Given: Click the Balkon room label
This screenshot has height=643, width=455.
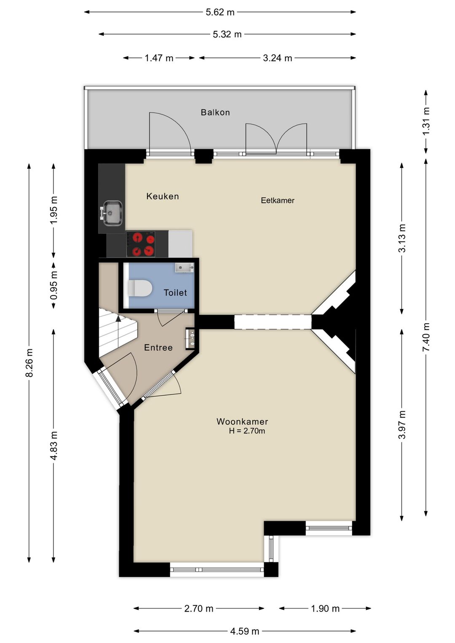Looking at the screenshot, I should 215,113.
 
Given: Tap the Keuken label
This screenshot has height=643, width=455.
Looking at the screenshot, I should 163,196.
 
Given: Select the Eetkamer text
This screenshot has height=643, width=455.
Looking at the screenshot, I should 277,201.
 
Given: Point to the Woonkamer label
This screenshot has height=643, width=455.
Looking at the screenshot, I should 242,421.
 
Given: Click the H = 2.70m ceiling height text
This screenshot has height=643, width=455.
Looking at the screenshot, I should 247,431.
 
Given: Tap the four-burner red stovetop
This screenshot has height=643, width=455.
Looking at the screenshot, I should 141,244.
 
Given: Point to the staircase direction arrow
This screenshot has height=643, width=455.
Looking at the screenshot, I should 118,319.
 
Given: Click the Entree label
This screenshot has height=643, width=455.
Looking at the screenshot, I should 158,348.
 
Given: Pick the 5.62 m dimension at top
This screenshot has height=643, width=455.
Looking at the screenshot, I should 220,12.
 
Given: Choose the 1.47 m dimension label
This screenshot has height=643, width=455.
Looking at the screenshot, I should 159,58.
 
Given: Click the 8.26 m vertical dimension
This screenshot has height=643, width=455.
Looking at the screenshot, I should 29,363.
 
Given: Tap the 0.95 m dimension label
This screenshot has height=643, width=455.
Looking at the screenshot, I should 54,285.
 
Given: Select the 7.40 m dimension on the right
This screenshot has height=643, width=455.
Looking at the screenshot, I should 426,337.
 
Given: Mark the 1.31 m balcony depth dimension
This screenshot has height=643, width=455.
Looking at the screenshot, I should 426,121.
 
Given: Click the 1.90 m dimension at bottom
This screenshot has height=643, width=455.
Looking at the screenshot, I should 325,608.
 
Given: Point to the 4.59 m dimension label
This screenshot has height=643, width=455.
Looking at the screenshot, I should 244,631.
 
